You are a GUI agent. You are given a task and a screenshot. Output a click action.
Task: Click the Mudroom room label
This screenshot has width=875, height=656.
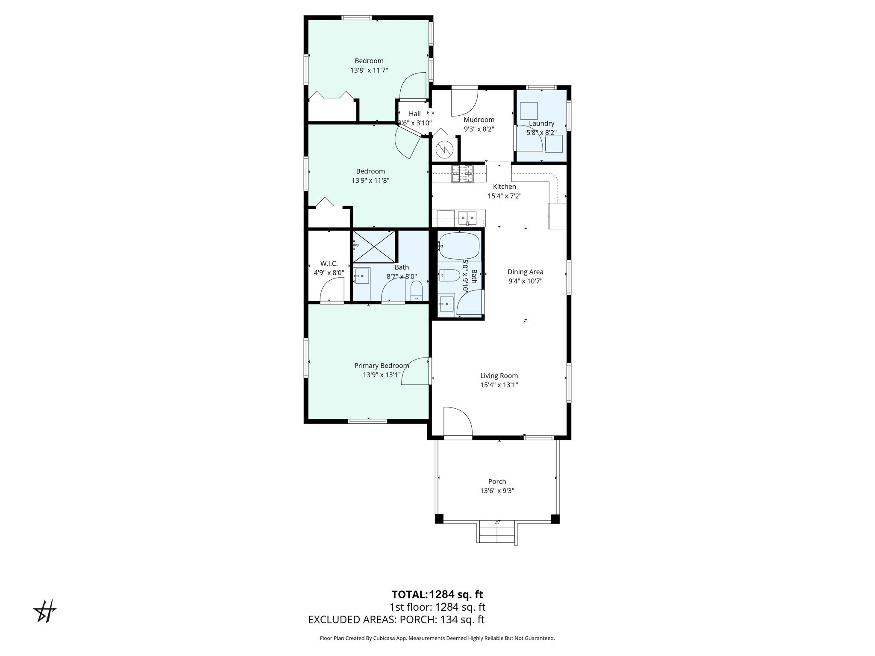pos(479,120)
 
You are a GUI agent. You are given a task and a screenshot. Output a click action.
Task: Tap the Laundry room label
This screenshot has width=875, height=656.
pos(541,123)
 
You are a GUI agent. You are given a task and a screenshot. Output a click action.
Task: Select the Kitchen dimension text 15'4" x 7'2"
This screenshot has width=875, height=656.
pos(505,196)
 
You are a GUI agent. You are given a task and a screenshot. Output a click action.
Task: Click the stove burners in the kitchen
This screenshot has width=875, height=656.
pos(462,174)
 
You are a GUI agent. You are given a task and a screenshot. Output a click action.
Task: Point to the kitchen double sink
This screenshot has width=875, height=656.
pos(467,217)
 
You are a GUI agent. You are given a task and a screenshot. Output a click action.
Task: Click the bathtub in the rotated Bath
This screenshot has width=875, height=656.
pos(459,246)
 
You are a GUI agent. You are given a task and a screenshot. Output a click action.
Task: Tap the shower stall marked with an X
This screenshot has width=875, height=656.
pos(374,246)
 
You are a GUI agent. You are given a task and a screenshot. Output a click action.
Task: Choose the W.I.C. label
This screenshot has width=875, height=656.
pos(329,264)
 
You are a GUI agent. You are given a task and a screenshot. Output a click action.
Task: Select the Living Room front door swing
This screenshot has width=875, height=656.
pos(457,422)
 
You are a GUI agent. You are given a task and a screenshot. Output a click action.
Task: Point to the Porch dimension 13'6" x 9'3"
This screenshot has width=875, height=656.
pos(497,491)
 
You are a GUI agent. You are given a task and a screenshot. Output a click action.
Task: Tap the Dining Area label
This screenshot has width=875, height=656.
pos(525,272)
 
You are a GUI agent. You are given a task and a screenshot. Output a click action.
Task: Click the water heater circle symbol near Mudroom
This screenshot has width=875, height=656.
pos(444,149)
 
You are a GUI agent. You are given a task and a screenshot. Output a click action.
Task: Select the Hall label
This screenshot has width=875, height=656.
pos(414,114)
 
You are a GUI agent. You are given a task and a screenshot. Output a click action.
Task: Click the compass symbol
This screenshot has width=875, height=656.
pos(45,611)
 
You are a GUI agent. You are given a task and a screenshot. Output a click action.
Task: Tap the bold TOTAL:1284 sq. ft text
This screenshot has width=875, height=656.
pos(437,594)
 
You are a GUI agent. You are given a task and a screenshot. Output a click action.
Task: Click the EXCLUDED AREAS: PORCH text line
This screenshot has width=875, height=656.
pos(396,619)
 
